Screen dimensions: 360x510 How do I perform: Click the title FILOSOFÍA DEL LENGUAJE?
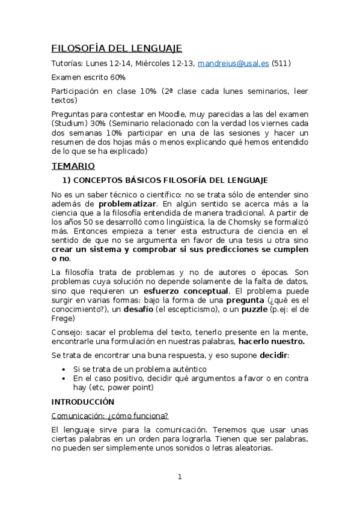pos(117,48)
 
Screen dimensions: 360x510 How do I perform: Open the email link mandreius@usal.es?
pos(233,63)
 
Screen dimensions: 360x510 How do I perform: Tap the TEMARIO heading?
pos(73,165)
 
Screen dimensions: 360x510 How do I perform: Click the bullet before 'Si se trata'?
pos(64,369)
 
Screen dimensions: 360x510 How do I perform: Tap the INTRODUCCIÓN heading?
pos(82,401)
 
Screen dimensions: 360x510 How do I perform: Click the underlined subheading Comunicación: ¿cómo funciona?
pos(109,416)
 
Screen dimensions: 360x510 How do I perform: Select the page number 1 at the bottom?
pos(180,477)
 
